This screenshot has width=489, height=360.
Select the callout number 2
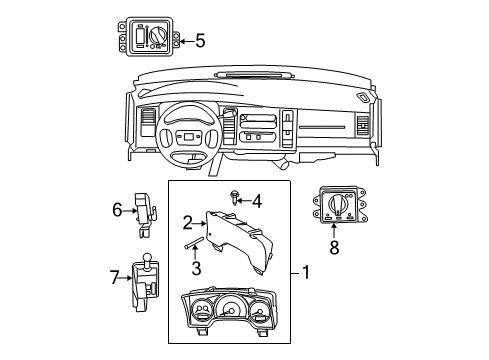coord(186,221)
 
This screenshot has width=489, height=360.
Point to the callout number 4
coord(256,201)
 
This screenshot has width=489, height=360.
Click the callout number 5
coord(199,41)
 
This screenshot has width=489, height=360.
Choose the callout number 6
coord(117,209)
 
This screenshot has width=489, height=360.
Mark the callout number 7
coord(115,276)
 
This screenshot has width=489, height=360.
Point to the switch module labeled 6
coord(147,210)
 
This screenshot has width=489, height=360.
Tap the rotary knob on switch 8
coord(341,209)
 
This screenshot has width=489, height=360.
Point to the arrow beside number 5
coord(183,41)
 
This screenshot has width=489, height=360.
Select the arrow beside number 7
coord(128,276)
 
